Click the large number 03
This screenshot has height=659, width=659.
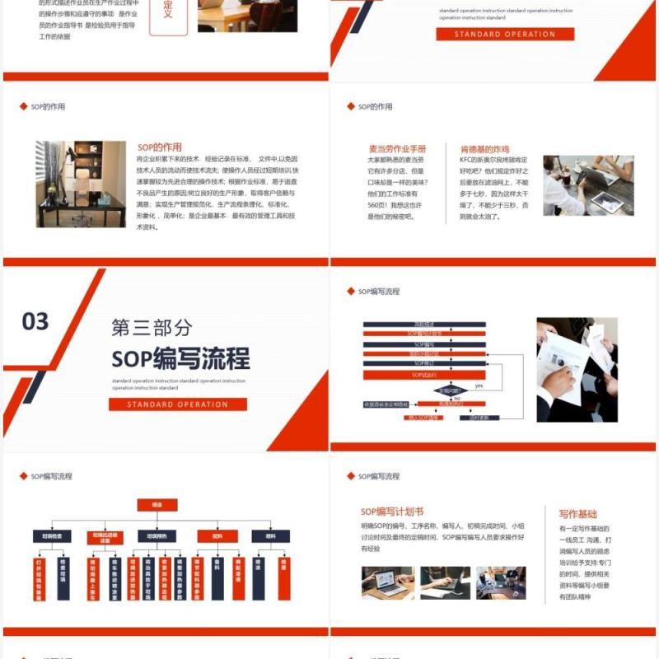pos(35,321)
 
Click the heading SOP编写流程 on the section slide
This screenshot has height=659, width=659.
pos(180,358)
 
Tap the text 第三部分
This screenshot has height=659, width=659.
pos(152,327)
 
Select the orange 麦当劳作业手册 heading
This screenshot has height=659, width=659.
pos(396,149)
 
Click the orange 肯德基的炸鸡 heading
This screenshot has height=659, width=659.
pos(484,149)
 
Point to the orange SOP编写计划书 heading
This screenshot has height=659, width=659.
pos(392,512)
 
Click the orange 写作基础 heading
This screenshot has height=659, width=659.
pos(577,513)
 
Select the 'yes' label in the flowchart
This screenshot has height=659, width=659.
pos(479,386)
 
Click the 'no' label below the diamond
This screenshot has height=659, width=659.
pos(456,399)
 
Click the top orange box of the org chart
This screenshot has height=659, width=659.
pos(157,504)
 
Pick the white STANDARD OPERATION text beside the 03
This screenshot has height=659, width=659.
pos(178,404)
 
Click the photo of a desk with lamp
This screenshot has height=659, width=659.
pos(81,184)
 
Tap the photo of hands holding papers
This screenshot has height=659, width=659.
pos(577,369)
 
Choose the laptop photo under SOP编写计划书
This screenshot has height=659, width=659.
pos(387,582)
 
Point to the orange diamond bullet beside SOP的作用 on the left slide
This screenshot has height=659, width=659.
pos(23,106)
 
